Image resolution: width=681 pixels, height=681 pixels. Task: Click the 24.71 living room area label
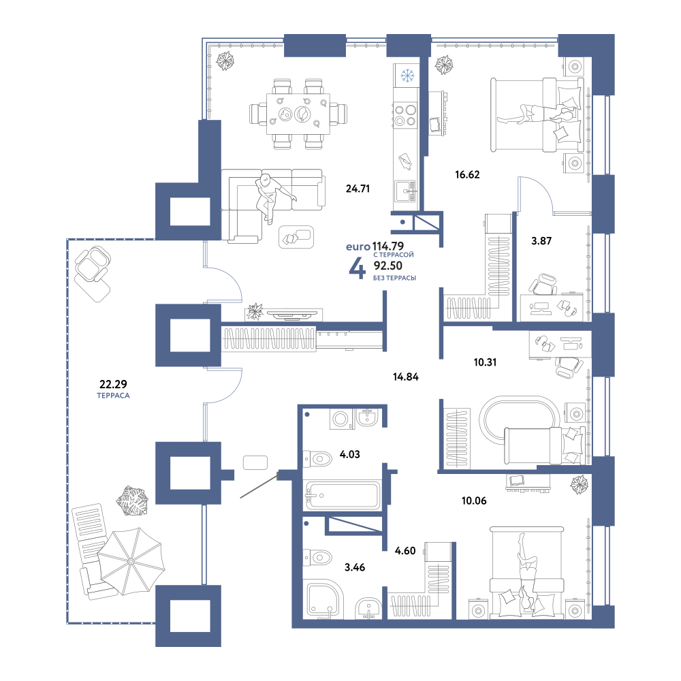[358, 189]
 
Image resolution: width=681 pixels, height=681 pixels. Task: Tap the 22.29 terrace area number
[113, 384]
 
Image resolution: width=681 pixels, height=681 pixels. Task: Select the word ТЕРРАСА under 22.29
[113, 396]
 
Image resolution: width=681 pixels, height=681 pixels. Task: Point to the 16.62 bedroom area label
[467, 174]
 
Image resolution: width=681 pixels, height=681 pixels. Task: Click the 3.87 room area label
[541, 241]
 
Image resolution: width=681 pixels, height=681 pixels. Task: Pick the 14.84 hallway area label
[406, 377]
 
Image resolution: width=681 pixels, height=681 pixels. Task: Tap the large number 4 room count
[357, 269]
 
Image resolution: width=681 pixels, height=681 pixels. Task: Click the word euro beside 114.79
[358, 247]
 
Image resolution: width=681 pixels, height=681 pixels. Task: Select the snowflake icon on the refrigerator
[407, 76]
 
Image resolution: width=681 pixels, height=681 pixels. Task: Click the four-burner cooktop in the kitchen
[405, 114]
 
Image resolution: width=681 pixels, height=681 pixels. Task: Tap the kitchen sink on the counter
[405, 192]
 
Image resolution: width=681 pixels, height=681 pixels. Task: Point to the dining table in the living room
[298, 114]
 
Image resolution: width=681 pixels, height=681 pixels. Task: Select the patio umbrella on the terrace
[131, 561]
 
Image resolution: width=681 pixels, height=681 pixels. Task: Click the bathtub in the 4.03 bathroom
[343, 495]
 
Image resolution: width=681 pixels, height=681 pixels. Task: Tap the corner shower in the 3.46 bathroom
[324, 601]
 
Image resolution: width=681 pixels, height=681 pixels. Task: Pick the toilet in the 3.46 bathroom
[317, 557]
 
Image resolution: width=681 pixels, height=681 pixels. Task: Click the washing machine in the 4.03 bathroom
[341, 419]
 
